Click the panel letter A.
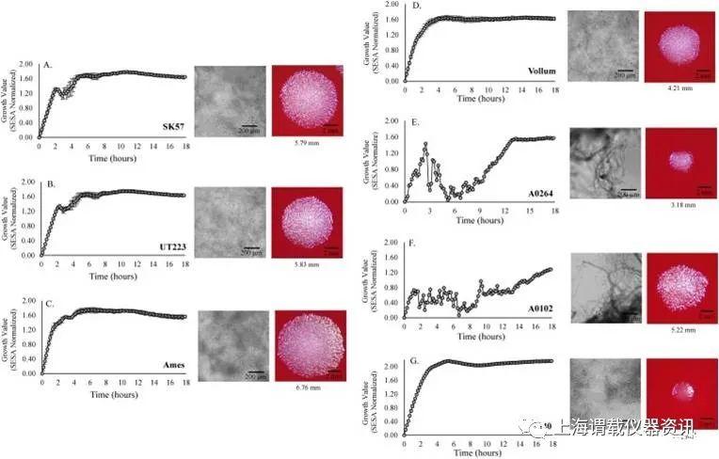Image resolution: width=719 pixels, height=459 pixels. pos(48,65)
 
